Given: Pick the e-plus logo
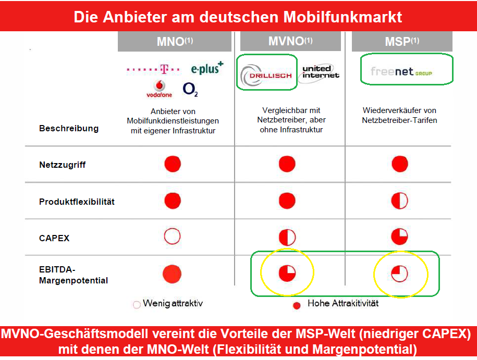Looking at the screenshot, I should click(x=207, y=68).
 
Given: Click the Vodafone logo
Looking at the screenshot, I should click(x=159, y=89).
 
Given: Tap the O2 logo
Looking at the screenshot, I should click(x=190, y=90).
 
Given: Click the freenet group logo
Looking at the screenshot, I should click(x=401, y=72).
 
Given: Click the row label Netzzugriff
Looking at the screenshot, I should click(x=62, y=165).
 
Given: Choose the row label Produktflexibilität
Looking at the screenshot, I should click(x=77, y=201).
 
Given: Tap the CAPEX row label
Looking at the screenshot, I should click(x=54, y=238).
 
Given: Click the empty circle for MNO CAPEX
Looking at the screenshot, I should click(x=172, y=237).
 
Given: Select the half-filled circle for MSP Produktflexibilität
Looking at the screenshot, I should click(x=399, y=201).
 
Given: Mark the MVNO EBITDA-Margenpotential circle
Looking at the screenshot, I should click(x=287, y=273).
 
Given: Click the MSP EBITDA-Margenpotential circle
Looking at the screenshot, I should click(x=399, y=273).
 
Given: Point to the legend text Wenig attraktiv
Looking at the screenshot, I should click(x=172, y=304).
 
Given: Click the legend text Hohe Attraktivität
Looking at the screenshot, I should click(x=343, y=303).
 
